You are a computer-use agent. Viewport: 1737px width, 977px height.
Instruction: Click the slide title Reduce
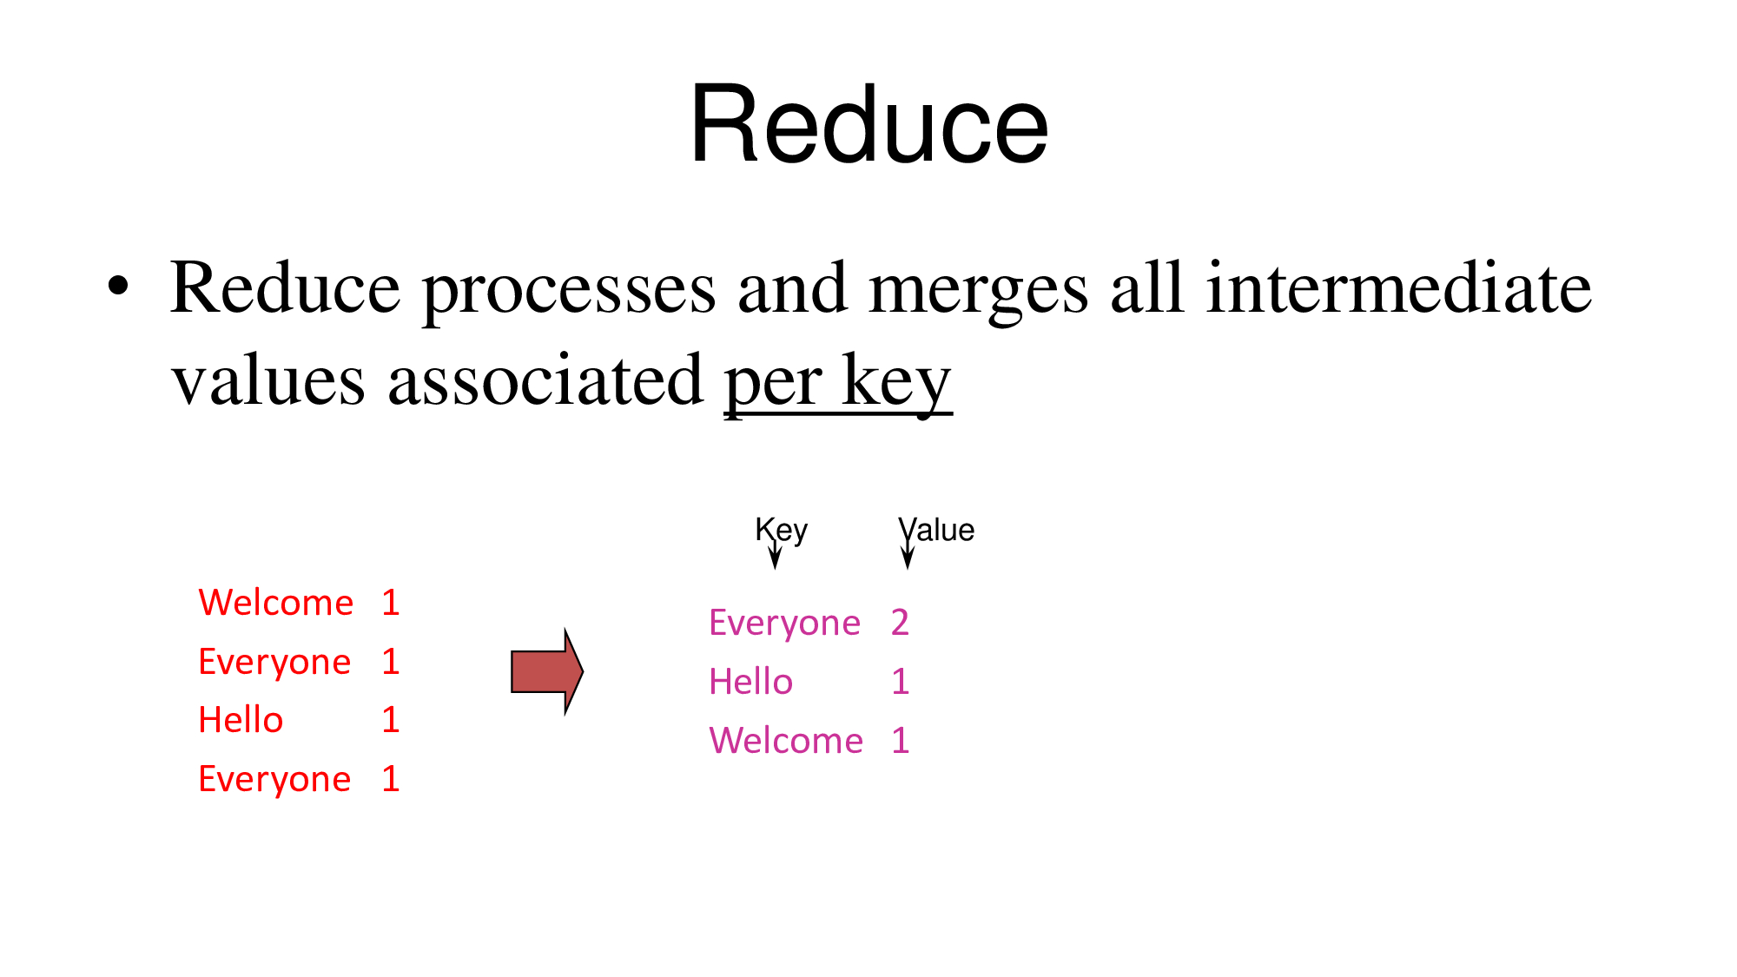tap(869, 123)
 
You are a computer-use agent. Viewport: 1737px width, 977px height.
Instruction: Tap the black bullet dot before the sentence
tap(118, 286)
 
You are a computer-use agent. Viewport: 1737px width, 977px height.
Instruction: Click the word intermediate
tap(1398, 287)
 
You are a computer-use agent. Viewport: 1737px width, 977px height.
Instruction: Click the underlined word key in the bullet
tap(897, 385)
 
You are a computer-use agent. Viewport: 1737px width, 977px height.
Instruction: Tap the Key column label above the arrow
tap(782, 531)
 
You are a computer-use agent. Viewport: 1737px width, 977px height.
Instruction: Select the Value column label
tap(936, 529)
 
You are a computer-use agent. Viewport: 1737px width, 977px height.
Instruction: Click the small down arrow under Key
tap(775, 555)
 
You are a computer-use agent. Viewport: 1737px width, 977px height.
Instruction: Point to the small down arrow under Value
tap(908, 555)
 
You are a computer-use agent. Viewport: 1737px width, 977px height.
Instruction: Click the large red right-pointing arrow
tap(547, 671)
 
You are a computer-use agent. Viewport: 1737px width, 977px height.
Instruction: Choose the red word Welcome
tap(276, 602)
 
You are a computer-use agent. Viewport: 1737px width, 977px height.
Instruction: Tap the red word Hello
tap(241, 719)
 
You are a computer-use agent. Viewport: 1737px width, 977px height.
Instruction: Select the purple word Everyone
tap(784, 624)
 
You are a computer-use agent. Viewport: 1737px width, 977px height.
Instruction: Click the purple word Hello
tap(751, 682)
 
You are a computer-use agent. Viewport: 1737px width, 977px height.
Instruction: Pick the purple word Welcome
tap(786, 740)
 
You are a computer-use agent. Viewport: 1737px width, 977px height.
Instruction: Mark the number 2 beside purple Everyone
tap(900, 623)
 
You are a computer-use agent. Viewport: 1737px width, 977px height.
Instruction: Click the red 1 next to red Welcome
tap(391, 602)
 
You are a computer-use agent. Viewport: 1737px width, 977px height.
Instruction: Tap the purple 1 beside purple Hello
tap(901, 682)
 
